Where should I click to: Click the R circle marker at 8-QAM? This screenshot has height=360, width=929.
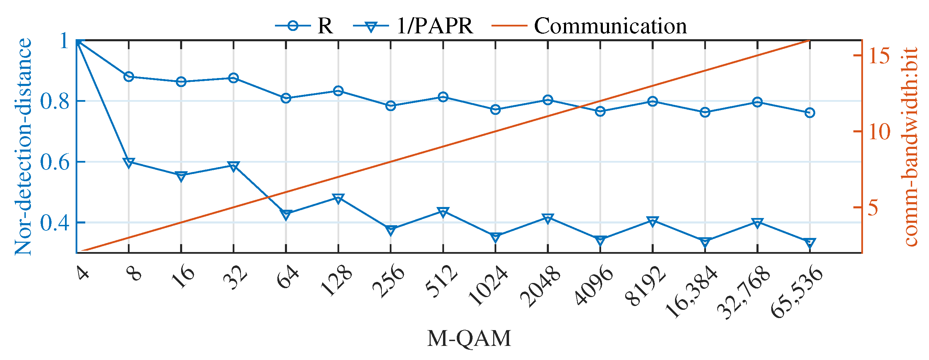point(129,76)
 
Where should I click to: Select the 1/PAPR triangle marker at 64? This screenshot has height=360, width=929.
point(286,215)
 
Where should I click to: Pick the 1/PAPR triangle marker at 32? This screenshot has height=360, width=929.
point(234,166)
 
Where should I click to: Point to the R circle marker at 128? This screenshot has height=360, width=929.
point(338,90)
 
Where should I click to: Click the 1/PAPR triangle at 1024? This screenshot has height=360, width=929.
point(496,237)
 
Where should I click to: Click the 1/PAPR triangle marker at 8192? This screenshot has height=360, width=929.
point(653,221)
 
